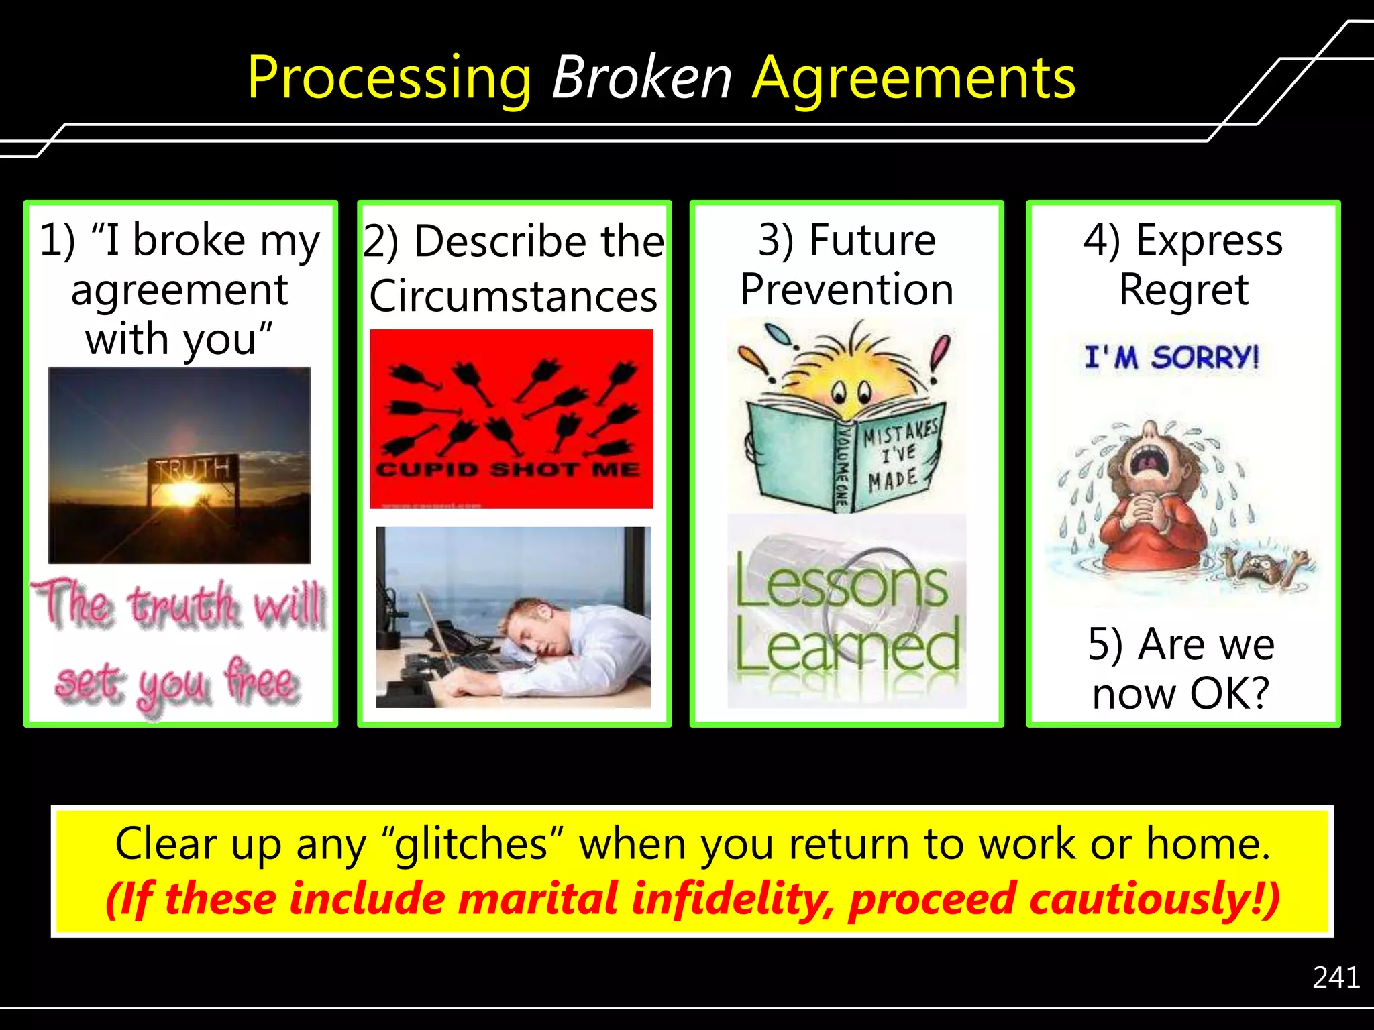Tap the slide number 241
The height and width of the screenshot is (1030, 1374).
point(1336,978)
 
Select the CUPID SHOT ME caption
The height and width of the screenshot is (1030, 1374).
point(508,469)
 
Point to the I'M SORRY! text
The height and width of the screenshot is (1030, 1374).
point(1171,357)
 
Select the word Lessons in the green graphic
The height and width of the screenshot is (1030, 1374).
point(842,582)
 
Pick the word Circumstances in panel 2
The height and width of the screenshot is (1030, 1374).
point(513,296)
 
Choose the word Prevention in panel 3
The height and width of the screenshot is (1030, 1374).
point(847,290)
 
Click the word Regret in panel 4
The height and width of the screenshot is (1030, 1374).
point(1183,290)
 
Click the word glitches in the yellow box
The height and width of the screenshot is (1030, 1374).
point(472,844)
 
